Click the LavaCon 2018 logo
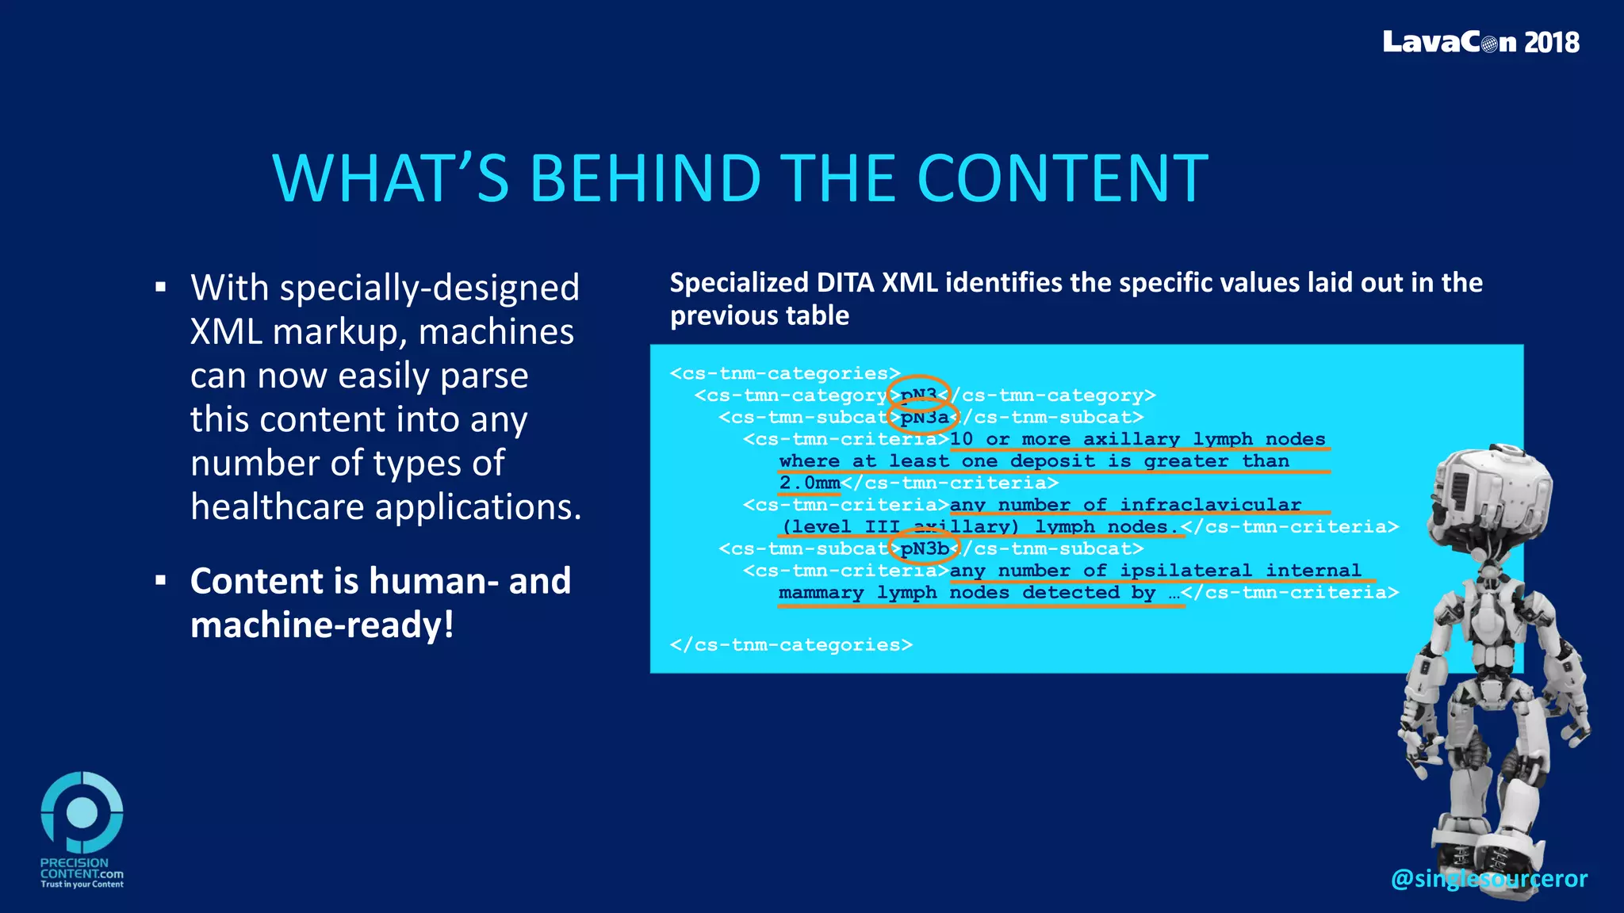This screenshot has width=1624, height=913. point(1480,42)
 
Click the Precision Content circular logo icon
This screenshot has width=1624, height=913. point(82,812)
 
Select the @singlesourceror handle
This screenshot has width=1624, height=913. point(1488,878)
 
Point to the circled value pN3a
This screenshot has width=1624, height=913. point(924,417)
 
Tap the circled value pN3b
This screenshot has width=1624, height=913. point(924,548)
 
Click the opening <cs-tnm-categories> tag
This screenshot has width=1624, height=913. point(785,373)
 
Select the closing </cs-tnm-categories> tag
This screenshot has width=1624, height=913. point(791,645)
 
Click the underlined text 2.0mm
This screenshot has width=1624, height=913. point(809,483)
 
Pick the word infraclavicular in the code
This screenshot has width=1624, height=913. point(1210,505)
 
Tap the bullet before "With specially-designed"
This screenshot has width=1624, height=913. point(161,288)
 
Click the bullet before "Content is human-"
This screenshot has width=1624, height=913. point(161,581)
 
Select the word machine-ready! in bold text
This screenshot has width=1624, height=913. point(322,625)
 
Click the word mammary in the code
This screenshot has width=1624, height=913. point(821,593)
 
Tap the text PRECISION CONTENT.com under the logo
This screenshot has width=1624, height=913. point(81,869)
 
